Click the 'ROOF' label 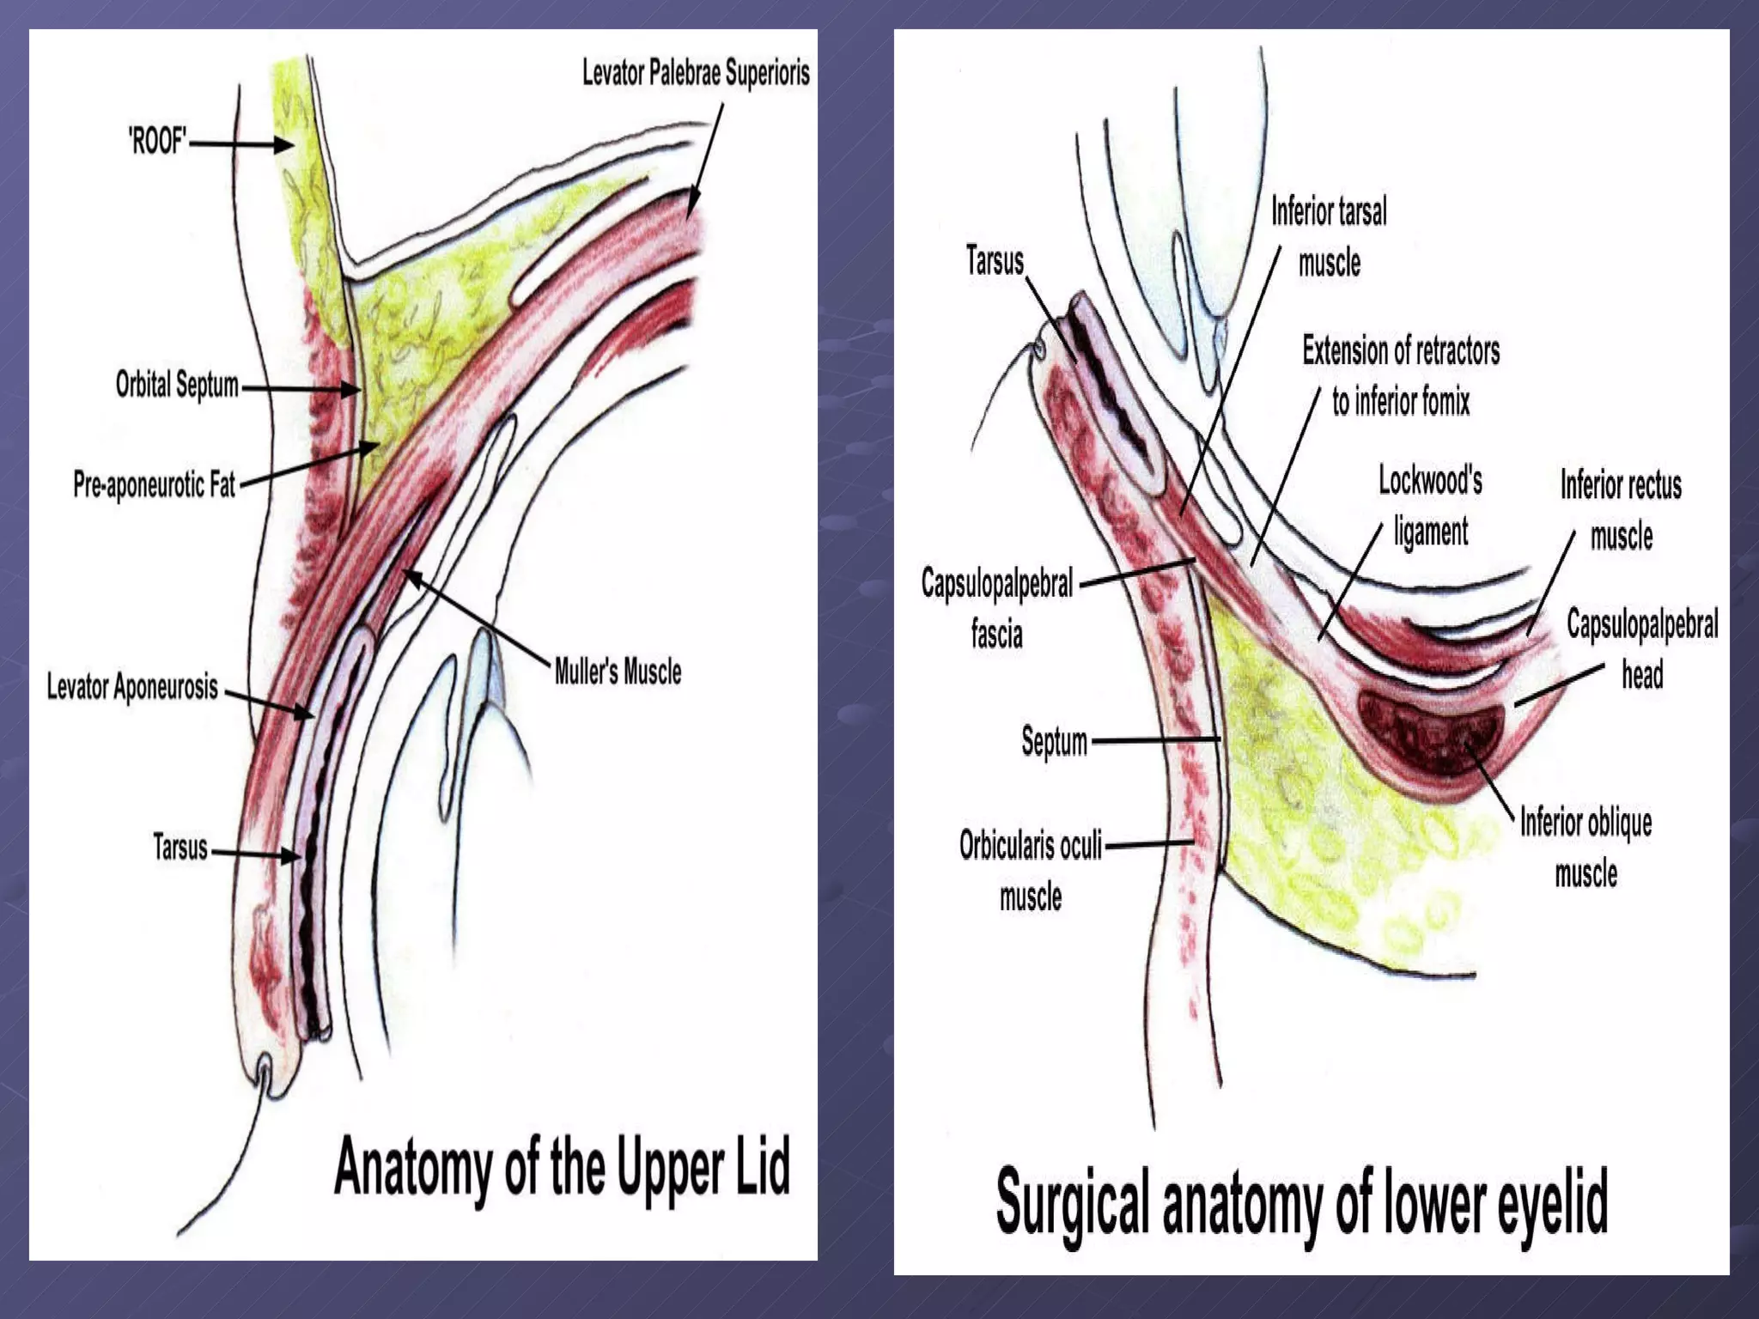[157, 142]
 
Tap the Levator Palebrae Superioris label [696, 74]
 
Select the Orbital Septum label [177, 385]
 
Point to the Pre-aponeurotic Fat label [154, 485]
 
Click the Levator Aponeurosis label [132, 687]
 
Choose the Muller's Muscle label [618, 672]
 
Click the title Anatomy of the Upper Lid [562, 1167]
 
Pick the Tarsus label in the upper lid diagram [180, 848]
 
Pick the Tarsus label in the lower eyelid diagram [995, 261]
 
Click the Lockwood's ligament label [1431, 506]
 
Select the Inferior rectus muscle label [1621, 511]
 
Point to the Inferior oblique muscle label [1586, 848]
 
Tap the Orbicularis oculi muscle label [1031, 871]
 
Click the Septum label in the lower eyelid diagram [1054, 741]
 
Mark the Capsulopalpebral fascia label [997, 609]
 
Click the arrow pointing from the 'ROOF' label [241, 144]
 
